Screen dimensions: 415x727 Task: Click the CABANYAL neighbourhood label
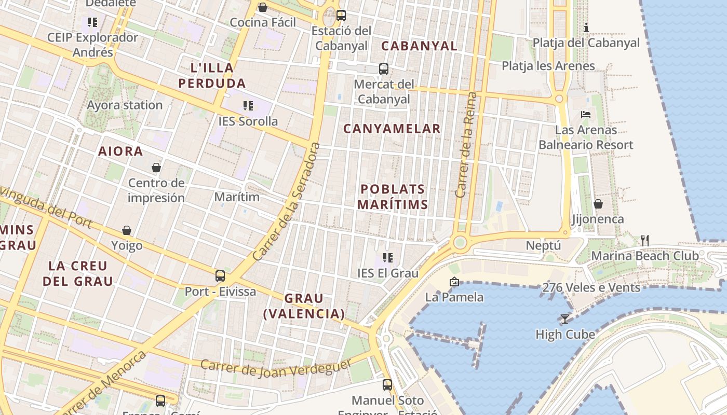(x=420, y=46)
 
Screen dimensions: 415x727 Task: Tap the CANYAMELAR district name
(x=392, y=129)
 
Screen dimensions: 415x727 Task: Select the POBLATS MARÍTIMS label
(x=393, y=197)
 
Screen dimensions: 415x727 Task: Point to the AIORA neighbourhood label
(x=120, y=151)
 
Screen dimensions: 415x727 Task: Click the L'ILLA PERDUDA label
(x=212, y=75)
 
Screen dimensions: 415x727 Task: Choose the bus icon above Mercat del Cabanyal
(x=384, y=69)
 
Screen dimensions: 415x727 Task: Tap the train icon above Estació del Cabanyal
(x=341, y=16)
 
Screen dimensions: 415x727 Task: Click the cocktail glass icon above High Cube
(x=565, y=319)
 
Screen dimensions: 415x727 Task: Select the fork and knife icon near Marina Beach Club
(x=645, y=240)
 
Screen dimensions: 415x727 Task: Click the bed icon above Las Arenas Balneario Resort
(x=586, y=114)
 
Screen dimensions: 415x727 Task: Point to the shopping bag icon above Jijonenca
(x=598, y=204)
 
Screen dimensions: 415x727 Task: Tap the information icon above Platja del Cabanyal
(x=586, y=27)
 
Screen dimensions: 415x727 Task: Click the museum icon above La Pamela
(x=454, y=282)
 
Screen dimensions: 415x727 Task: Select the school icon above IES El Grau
(x=387, y=257)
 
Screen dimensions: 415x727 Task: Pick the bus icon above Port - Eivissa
(x=220, y=275)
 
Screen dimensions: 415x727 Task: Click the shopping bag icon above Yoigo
(x=127, y=230)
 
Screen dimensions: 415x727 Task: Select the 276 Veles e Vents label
(x=591, y=287)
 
